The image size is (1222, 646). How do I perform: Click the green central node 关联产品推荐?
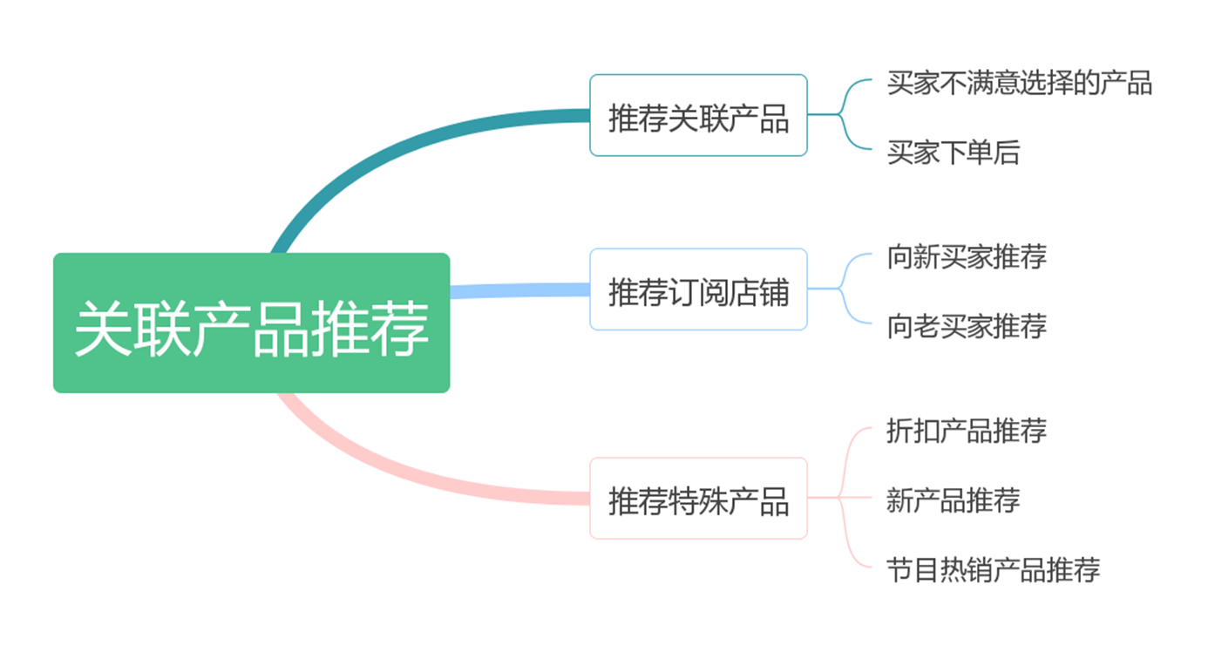[x=251, y=323]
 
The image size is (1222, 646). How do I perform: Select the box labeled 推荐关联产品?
[x=698, y=115]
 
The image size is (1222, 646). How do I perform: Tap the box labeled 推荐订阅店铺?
[x=698, y=289]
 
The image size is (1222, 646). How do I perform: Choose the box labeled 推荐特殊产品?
[x=698, y=498]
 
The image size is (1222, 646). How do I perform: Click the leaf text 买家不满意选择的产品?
[x=1019, y=83]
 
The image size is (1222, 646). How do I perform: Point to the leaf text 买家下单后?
[x=953, y=153]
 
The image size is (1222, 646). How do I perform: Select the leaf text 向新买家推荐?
[x=966, y=256]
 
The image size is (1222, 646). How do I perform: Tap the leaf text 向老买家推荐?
[x=966, y=326]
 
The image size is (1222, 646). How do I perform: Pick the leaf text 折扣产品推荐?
[x=966, y=430]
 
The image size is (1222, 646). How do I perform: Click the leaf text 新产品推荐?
[x=953, y=500]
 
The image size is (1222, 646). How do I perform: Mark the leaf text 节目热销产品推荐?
[x=993, y=569]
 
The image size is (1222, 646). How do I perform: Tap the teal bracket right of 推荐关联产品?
[x=841, y=114]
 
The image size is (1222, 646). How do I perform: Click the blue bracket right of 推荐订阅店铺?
[x=841, y=289]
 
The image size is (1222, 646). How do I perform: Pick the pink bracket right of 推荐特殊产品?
[x=841, y=498]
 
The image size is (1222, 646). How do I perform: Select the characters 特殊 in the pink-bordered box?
[x=698, y=499]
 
